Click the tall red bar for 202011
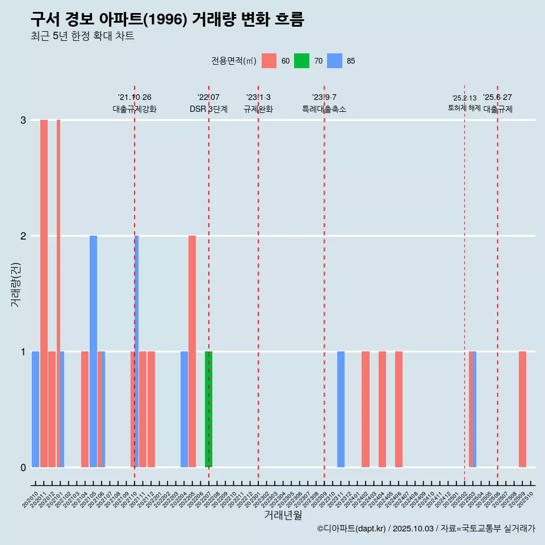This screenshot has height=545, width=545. [x=44, y=294]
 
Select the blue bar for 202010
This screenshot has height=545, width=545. [x=35, y=409]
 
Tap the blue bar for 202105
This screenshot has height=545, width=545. [x=93, y=351]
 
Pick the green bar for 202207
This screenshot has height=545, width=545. [x=208, y=409]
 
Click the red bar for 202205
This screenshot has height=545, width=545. [x=192, y=351]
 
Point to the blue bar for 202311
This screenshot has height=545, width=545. [x=341, y=409]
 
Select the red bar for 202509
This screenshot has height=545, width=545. [x=522, y=409]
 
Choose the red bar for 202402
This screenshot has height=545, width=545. [x=366, y=409]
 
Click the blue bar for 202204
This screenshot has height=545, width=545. [x=184, y=409]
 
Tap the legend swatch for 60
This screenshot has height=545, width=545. [x=269, y=61]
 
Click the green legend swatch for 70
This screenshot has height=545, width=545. [x=301, y=61]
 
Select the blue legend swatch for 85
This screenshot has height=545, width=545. [x=335, y=61]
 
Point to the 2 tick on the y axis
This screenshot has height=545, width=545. [x=23, y=236]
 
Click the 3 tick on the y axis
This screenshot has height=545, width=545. [x=23, y=120]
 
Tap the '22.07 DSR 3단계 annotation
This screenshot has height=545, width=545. [x=208, y=103]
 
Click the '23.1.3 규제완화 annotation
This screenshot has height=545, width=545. [x=258, y=103]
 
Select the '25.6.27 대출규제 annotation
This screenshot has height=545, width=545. [x=497, y=103]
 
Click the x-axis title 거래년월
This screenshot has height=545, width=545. [x=283, y=515]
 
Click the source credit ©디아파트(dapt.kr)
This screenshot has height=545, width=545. [x=352, y=529]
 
